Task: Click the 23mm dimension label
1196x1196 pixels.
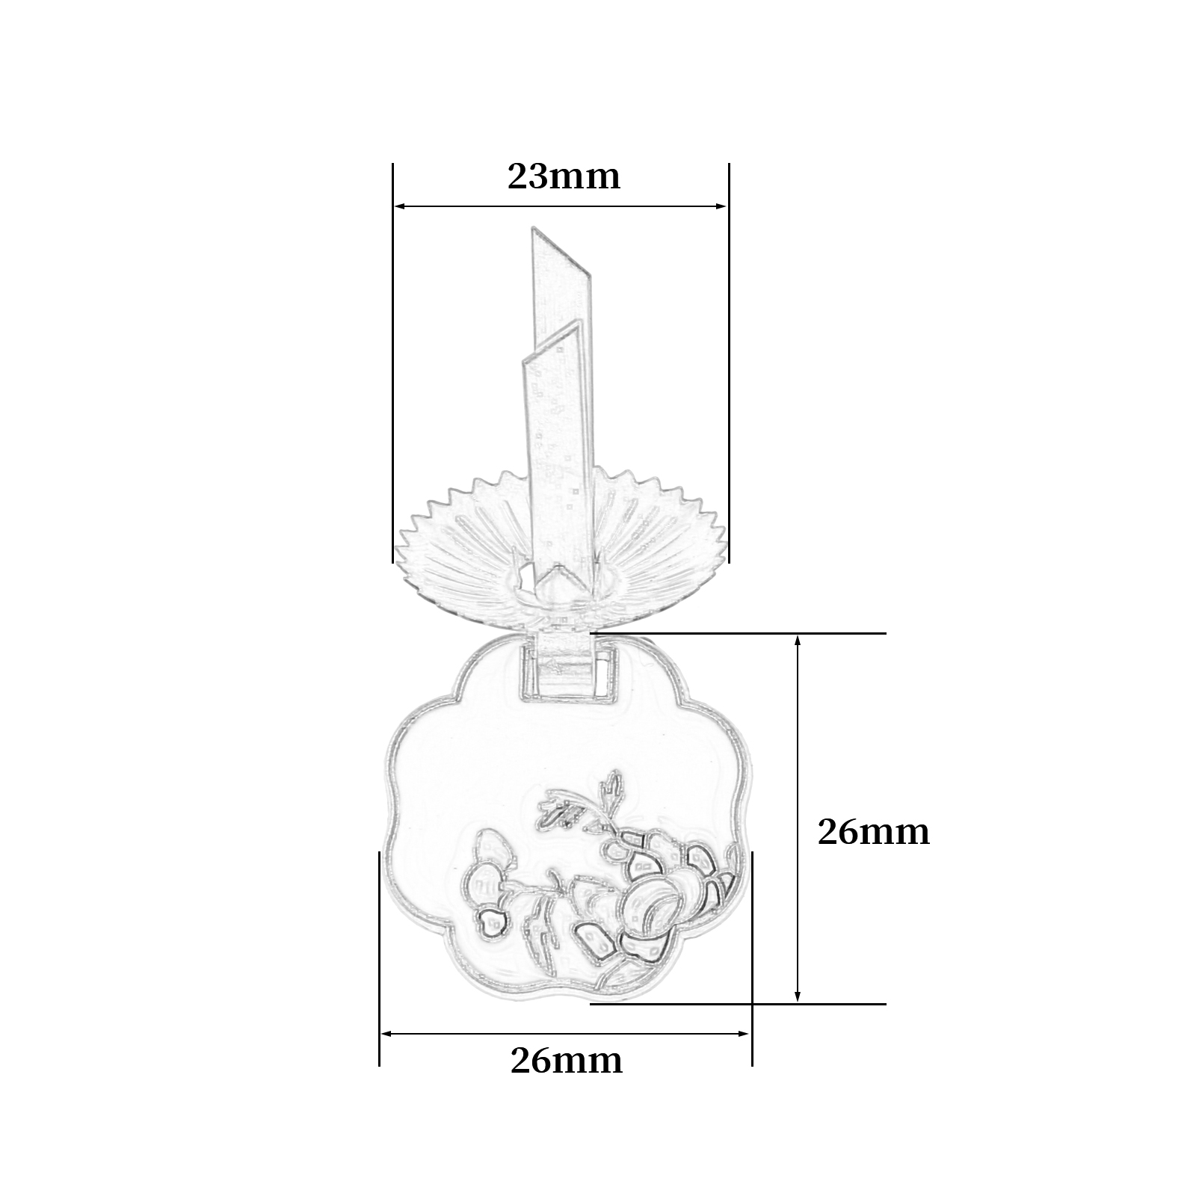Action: pyautogui.click(x=564, y=177)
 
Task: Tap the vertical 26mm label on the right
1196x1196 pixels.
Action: pyautogui.click(x=873, y=832)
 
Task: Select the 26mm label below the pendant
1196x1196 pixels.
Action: pyautogui.click(x=567, y=1060)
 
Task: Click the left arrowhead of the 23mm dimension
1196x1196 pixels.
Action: pyautogui.click(x=399, y=206)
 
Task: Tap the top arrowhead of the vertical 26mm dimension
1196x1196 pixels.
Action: pyautogui.click(x=798, y=641)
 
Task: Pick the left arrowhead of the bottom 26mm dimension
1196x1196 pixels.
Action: pyautogui.click(x=386, y=1034)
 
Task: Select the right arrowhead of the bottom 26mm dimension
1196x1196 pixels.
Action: pyautogui.click(x=745, y=1034)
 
